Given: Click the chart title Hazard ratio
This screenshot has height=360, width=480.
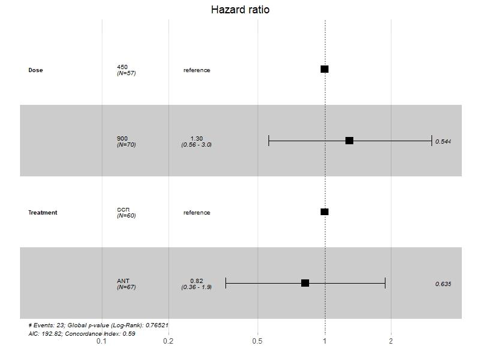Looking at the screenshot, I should pos(240,10).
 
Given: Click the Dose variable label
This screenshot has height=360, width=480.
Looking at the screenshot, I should pos(36,70).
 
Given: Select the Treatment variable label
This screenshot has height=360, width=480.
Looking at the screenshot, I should pos(43,213).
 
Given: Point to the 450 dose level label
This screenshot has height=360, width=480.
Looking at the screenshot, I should pos(122,67).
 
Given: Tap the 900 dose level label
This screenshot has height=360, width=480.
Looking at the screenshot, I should pos(122,138).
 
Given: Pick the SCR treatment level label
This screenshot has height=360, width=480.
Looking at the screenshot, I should pos(123,209).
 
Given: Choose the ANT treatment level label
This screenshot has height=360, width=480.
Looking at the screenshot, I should pos(123,281).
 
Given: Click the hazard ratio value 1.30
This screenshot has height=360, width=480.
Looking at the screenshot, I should pos(196,138).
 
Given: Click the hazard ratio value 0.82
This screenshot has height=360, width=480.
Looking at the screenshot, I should pos(196,281).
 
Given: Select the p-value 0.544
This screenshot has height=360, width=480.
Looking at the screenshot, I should pos(443,141).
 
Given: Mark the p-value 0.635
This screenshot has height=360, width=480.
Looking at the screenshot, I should pos(443,284).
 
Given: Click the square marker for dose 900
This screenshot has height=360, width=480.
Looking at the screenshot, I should pos(349,141).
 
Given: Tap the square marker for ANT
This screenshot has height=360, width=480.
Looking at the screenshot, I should pos(305,283).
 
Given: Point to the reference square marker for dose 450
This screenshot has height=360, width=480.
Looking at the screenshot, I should pos(324,69).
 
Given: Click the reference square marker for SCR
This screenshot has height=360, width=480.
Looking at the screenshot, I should pos(324,212).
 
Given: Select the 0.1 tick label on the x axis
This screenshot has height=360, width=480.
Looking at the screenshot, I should pos(102,341).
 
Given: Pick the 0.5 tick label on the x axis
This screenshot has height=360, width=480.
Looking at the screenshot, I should pos(258,341).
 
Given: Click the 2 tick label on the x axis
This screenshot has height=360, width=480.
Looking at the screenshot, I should pos(391,341).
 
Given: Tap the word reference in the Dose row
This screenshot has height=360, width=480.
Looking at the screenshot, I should pos(197,70).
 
